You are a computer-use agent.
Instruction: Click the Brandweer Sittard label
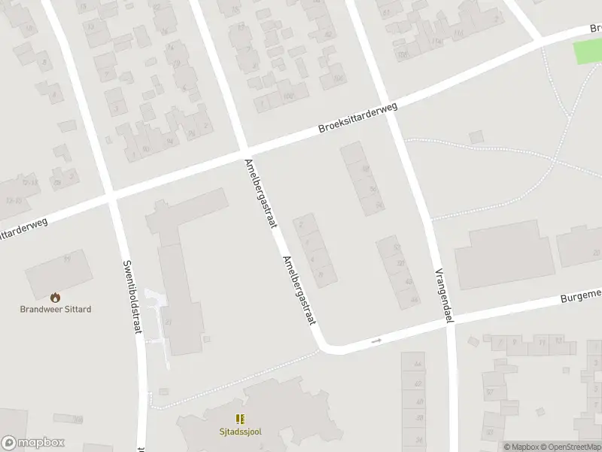click(x=55, y=309)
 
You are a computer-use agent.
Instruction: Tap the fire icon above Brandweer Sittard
click(x=55, y=298)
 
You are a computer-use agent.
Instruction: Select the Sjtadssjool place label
click(x=240, y=432)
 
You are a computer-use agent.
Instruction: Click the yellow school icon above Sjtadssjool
click(x=240, y=419)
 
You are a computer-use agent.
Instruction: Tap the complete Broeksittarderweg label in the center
click(x=357, y=119)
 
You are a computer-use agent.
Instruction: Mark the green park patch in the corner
click(x=588, y=52)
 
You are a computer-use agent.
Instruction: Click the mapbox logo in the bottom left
click(x=33, y=443)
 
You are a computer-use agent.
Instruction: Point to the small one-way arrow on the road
click(x=376, y=341)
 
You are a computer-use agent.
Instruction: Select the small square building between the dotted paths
click(x=475, y=137)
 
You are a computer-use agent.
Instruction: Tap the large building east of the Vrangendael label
click(x=505, y=255)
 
